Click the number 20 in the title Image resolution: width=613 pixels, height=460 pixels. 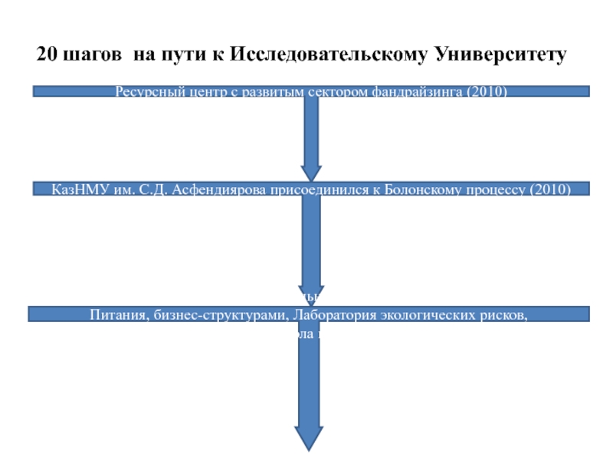[46, 56]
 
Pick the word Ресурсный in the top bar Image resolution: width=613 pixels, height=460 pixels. [146, 92]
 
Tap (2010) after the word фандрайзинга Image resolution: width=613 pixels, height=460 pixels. [488, 92]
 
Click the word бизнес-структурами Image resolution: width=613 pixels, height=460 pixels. [216, 314]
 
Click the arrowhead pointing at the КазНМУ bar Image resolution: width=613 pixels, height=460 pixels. [311, 172]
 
